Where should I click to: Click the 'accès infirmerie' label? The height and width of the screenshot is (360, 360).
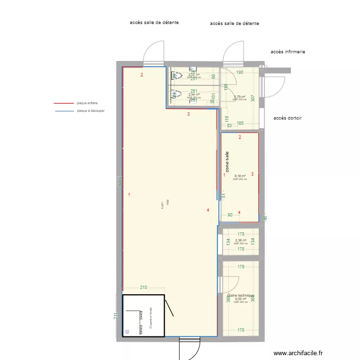(288, 52)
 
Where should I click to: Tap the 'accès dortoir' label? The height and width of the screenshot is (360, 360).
(288, 118)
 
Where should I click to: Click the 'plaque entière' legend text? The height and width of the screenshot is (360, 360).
(87, 103)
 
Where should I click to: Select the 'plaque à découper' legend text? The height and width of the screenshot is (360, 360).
(91, 111)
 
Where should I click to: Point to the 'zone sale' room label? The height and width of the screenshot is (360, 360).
(227, 162)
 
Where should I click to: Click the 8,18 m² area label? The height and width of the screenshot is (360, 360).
(240, 176)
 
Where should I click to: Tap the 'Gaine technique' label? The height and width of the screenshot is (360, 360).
(240, 295)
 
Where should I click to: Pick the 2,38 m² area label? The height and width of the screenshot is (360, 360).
(240, 240)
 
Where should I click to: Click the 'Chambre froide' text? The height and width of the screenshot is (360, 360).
(151, 317)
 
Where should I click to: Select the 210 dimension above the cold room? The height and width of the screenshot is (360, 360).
(143, 288)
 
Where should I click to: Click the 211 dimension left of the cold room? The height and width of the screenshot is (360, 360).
(115, 317)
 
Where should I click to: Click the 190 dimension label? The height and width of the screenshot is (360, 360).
(240, 72)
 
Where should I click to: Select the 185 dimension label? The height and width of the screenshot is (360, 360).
(240, 123)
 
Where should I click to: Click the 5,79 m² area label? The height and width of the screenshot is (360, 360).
(240, 96)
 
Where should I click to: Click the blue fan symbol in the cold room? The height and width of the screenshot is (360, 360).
(127, 331)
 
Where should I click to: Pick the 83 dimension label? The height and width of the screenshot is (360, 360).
(229, 126)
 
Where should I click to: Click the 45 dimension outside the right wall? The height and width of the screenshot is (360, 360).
(265, 217)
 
